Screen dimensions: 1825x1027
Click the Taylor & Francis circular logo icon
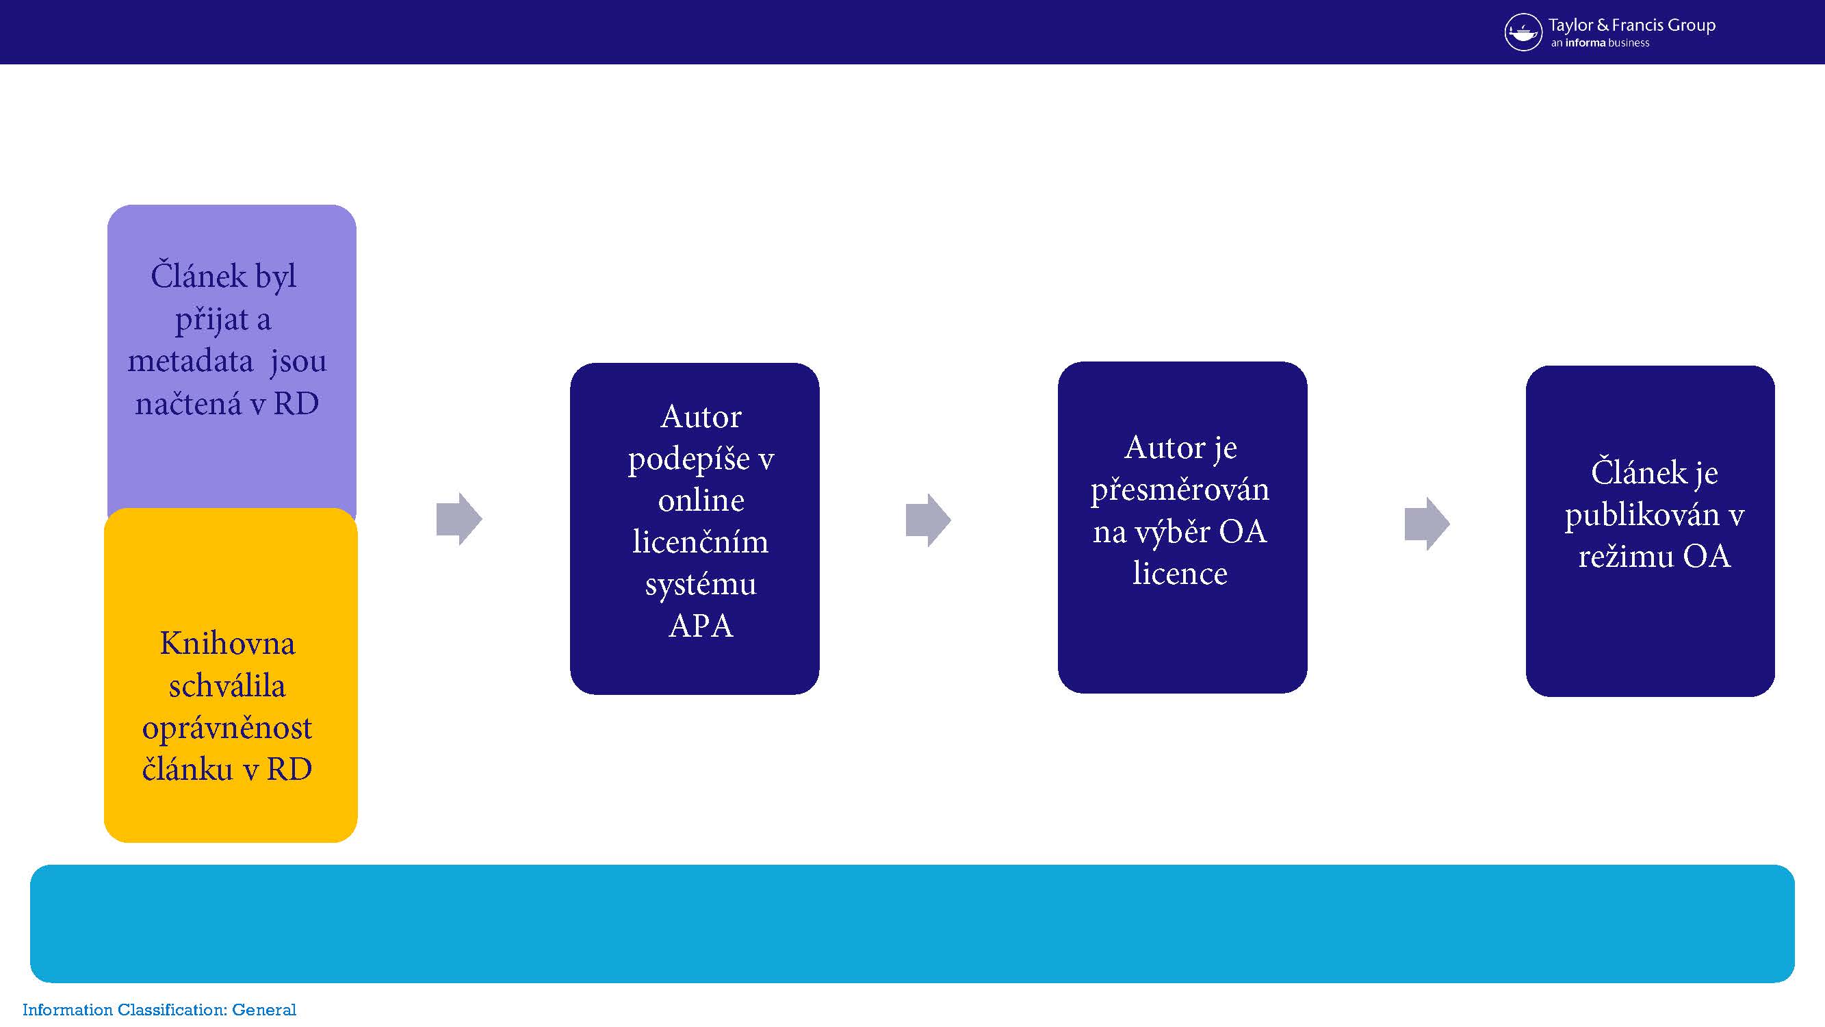1523,32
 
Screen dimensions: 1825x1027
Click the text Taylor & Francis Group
1631,25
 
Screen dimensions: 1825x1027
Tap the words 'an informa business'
1600,43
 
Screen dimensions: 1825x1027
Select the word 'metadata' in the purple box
190,362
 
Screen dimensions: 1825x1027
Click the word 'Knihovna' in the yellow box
227,644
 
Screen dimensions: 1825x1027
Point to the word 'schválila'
227,685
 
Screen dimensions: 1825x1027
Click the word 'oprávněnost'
227,728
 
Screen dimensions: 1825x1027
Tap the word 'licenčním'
700,542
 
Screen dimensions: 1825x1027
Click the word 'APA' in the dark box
700,626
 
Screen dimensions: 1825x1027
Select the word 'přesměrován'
1180,490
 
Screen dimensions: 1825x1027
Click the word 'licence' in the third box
1180,573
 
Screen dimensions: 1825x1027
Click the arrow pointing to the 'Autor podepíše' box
459,519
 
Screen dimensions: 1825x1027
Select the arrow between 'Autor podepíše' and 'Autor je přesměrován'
928,520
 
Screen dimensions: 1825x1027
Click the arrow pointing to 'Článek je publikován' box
1427,524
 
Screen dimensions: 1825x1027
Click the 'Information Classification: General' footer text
159,1010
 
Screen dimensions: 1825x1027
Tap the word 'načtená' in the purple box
188,404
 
